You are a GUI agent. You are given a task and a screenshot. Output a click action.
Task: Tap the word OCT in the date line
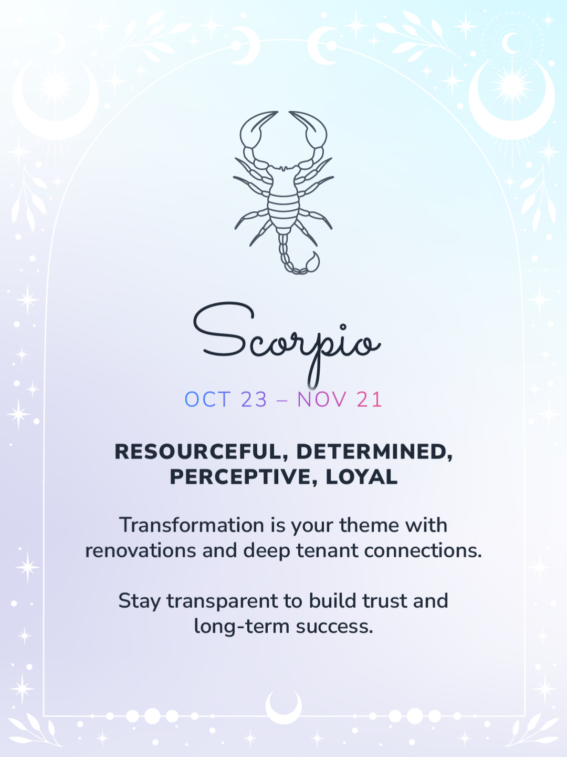(x=207, y=400)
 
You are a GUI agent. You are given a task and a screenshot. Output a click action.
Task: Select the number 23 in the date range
(x=254, y=400)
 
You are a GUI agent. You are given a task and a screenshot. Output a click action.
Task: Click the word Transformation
(x=192, y=525)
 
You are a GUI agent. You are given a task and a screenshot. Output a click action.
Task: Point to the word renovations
(x=141, y=550)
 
